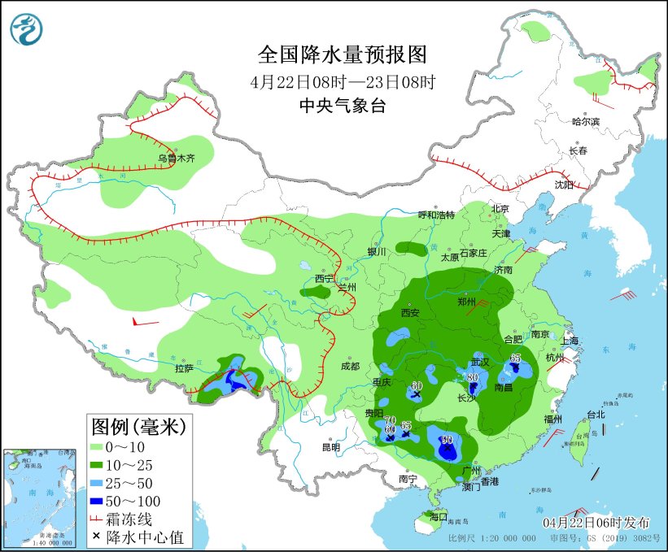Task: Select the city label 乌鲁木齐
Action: [x=177, y=159]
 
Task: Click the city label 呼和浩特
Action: [x=436, y=215]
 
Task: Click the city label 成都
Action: [x=350, y=366]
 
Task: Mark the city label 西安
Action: [x=410, y=312]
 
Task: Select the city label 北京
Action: [x=500, y=209]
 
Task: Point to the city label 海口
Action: [x=439, y=516]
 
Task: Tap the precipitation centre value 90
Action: [x=447, y=440]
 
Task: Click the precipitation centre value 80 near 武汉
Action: [x=472, y=377]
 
